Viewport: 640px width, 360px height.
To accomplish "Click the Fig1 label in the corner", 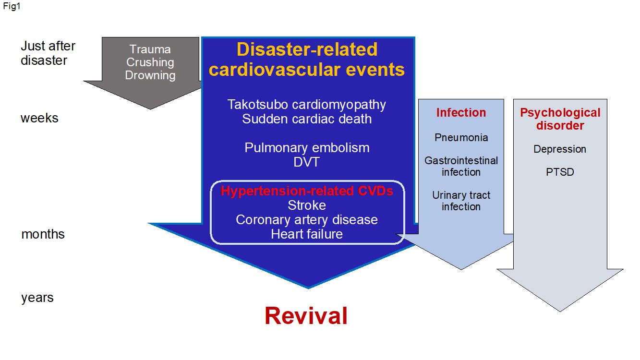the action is [12, 6].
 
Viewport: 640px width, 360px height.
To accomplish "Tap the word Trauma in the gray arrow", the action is [150, 49].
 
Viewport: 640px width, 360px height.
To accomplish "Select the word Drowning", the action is [150, 75].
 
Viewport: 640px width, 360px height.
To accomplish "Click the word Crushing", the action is [150, 62].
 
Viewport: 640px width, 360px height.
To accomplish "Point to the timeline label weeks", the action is [39, 118].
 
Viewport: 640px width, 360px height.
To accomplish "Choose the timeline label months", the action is [43, 234].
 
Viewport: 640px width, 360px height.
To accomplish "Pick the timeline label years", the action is [37, 298].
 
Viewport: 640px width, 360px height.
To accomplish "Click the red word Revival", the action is [306, 316].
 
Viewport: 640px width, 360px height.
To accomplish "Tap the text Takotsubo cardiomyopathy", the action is [307, 105].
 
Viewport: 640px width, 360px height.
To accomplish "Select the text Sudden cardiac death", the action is [307, 119].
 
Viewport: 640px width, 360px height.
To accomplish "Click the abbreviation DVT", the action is [306, 162].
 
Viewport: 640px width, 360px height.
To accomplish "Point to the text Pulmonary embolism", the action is [307, 148].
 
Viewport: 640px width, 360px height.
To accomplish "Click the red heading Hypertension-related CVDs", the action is [307, 191].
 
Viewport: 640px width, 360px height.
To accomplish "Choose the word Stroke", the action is [307, 205].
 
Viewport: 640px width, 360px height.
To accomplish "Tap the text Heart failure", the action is [307, 234].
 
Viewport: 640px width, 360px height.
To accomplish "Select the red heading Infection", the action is [461, 113].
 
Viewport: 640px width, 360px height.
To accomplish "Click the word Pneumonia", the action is [461, 138].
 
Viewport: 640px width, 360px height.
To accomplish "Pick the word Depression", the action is [560, 149].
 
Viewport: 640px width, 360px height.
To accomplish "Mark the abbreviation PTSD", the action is [560, 172].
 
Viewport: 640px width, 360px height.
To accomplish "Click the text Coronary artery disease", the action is [307, 220].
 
